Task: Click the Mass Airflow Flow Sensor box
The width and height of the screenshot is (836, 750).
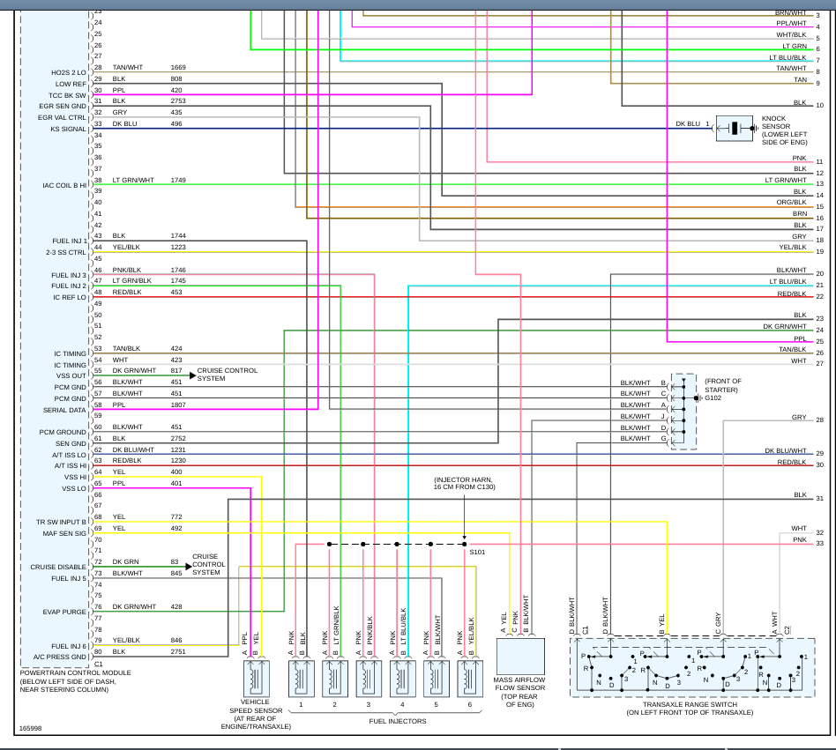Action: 520,657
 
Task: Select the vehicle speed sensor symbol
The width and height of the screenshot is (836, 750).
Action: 257,679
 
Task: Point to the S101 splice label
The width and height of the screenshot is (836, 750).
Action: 476,552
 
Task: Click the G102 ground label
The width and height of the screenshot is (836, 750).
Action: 713,397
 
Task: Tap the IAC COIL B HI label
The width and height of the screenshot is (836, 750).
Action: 64,185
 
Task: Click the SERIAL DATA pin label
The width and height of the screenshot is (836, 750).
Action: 64,410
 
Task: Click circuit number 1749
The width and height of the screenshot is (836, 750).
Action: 178,180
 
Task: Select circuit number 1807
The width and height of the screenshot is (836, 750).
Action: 178,405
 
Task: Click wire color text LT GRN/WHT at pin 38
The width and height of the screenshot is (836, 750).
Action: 132,180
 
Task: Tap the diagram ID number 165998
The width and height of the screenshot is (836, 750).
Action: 32,729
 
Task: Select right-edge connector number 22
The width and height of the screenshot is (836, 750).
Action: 819,297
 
